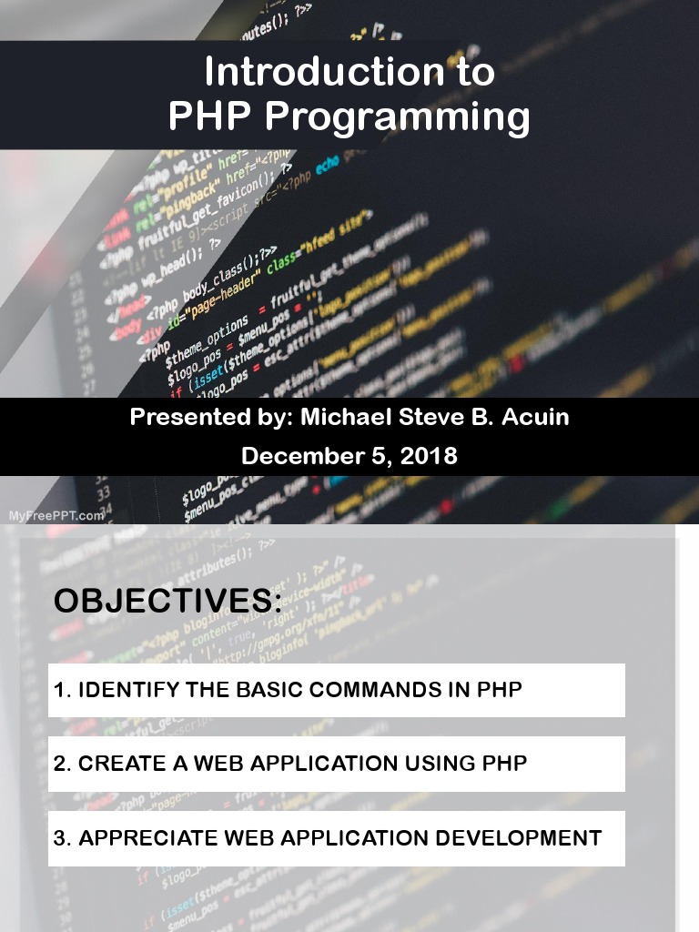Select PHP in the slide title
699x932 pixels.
point(210,116)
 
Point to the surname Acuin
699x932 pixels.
point(538,418)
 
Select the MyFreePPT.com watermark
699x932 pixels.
point(56,515)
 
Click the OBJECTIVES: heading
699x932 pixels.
point(167,602)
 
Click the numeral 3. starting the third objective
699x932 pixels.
point(62,838)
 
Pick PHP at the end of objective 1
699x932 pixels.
point(500,690)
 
